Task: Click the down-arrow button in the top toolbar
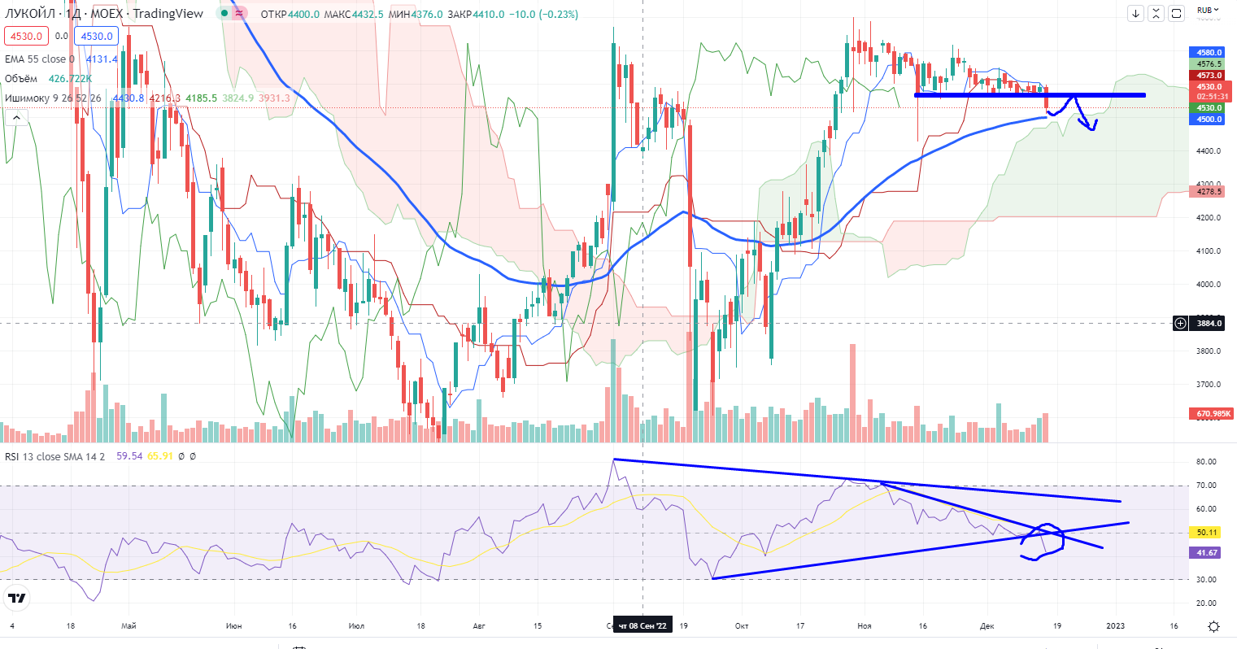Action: pyautogui.click(x=1136, y=13)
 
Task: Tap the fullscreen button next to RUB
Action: pyautogui.click(x=1177, y=13)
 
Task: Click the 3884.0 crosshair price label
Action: pyautogui.click(x=1209, y=324)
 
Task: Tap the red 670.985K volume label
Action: pyautogui.click(x=1213, y=414)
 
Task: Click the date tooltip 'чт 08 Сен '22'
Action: pyautogui.click(x=642, y=625)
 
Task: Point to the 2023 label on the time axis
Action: pyautogui.click(x=1115, y=625)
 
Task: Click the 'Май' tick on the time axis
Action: pyautogui.click(x=128, y=625)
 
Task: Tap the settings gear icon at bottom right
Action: pyautogui.click(x=1213, y=625)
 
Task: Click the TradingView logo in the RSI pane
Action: pyautogui.click(x=16, y=599)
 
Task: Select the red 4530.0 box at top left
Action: pyautogui.click(x=26, y=36)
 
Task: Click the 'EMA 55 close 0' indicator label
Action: pyautogui.click(x=39, y=59)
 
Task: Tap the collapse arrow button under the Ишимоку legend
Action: pyautogui.click(x=16, y=118)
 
